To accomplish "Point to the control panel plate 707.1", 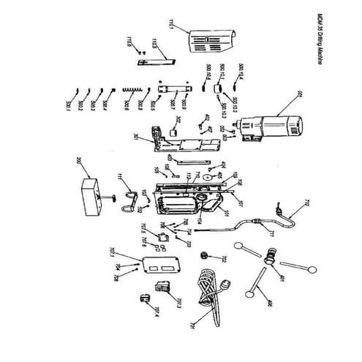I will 161,264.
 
